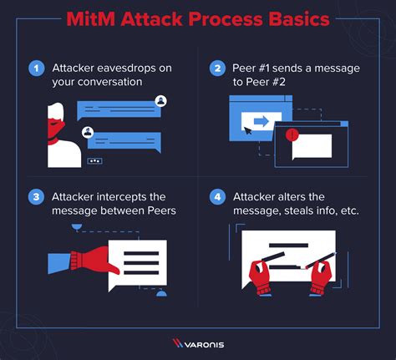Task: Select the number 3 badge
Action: pyautogui.click(x=36, y=197)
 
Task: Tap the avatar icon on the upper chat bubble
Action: pyautogui.click(x=160, y=101)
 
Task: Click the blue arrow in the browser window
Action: pyautogui.click(x=260, y=121)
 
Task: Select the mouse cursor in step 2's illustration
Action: pyautogui.click(x=247, y=132)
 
